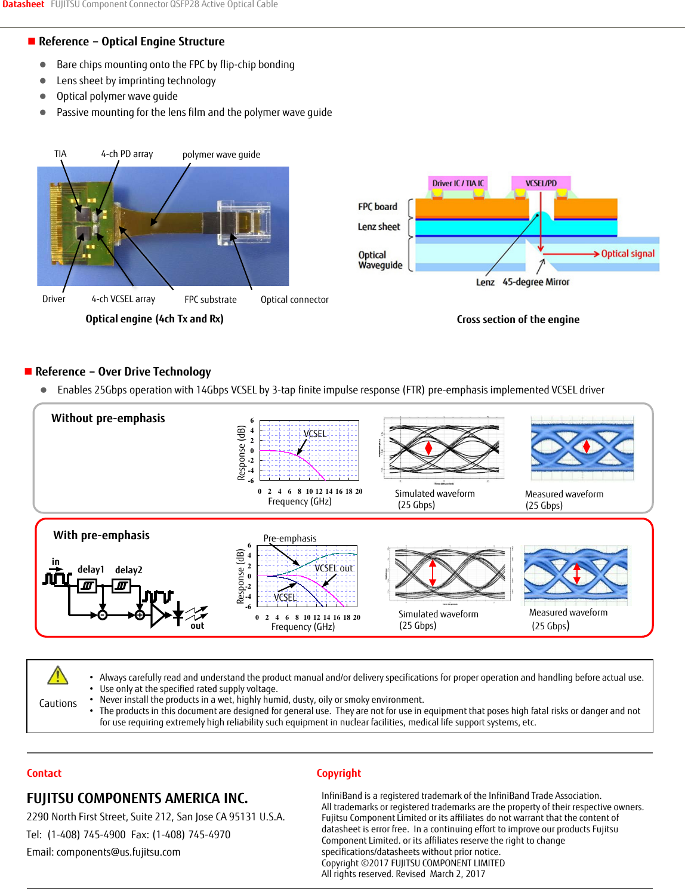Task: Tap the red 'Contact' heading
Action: tap(44, 773)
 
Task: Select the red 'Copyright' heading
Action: tap(338, 773)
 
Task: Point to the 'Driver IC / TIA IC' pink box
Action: tap(458, 183)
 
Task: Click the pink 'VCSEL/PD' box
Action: tap(541, 183)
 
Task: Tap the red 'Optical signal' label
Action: tap(627, 254)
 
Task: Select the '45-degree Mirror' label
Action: tap(536, 282)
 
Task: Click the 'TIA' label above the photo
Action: tap(60, 154)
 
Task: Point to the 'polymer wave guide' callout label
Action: tap(221, 155)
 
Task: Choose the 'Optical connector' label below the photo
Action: tap(294, 300)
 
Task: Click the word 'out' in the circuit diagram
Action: tap(198, 626)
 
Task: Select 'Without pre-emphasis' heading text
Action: tap(108, 419)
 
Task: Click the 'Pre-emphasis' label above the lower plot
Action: tap(290, 539)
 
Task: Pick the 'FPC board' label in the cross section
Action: tap(377, 207)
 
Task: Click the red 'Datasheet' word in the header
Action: tap(23, 5)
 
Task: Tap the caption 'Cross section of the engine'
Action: tap(518, 319)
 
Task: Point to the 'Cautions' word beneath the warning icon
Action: tap(58, 703)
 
